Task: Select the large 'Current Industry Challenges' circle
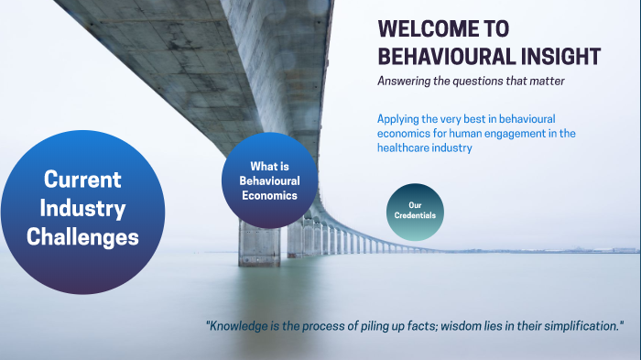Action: pyautogui.click(x=82, y=212)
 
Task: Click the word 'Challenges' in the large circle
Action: pyautogui.click(x=82, y=237)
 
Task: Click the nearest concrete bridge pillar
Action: pyautogui.click(x=259, y=243)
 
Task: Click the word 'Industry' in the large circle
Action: pyautogui.click(x=82, y=208)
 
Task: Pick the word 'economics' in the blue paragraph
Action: pyautogui.click(x=406, y=134)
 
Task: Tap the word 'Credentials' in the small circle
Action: pyautogui.click(x=415, y=216)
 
